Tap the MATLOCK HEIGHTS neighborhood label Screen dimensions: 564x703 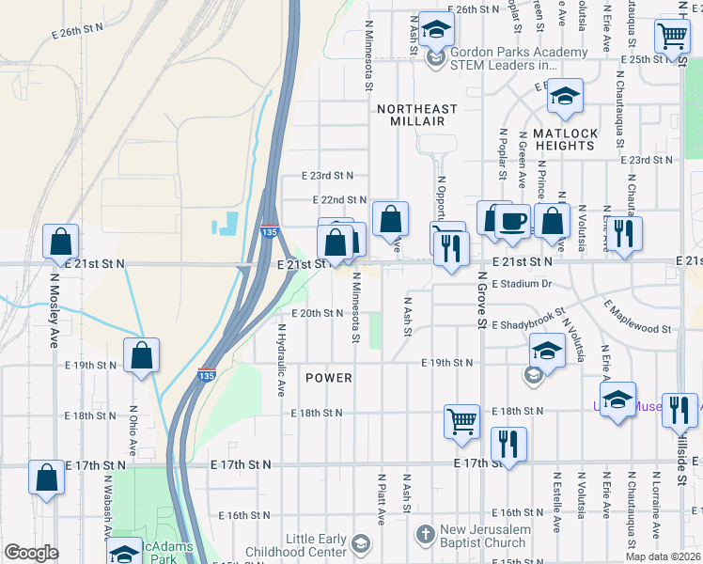click(x=565, y=139)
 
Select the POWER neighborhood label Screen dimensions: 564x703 click(x=329, y=378)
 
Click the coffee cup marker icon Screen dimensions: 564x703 click(x=512, y=222)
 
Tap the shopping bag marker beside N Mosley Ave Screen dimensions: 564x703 click(x=61, y=243)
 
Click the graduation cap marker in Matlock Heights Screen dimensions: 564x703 click(x=565, y=97)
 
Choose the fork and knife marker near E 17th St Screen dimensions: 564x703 click(x=508, y=443)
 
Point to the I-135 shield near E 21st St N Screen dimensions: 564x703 click(x=270, y=231)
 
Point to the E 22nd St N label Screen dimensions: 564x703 click(x=339, y=200)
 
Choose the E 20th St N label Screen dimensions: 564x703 click(x=318, y=313)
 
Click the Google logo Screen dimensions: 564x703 click(x=31, y=553)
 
